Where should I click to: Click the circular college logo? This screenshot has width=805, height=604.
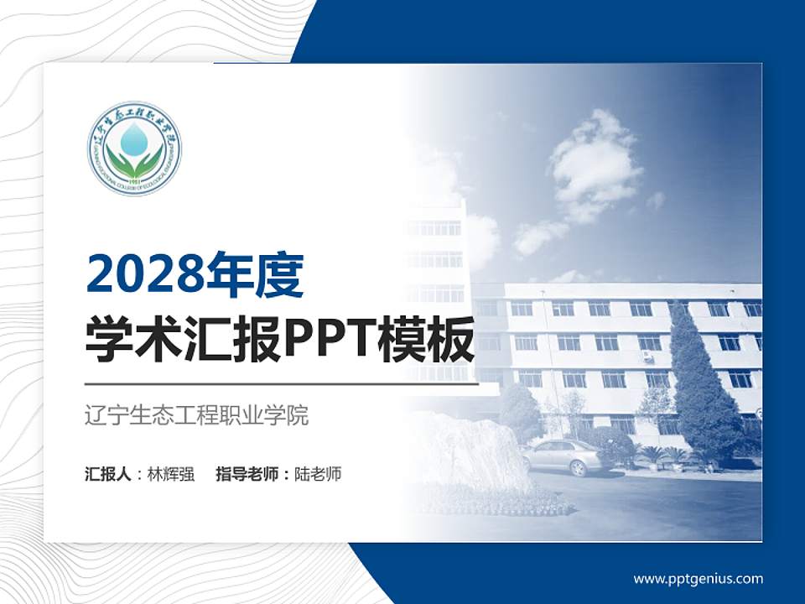coord(134,148)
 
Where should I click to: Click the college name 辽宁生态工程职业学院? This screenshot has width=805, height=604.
coord(197,415)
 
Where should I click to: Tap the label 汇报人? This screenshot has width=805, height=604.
coord(107,474)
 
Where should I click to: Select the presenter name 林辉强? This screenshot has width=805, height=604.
coord(171,474)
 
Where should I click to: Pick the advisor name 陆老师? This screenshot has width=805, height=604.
coord(318,474)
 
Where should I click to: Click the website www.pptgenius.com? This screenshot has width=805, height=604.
coord(698,578)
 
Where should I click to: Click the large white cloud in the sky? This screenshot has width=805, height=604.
coord(591,164)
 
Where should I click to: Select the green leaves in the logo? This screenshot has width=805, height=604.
coord(134,163)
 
